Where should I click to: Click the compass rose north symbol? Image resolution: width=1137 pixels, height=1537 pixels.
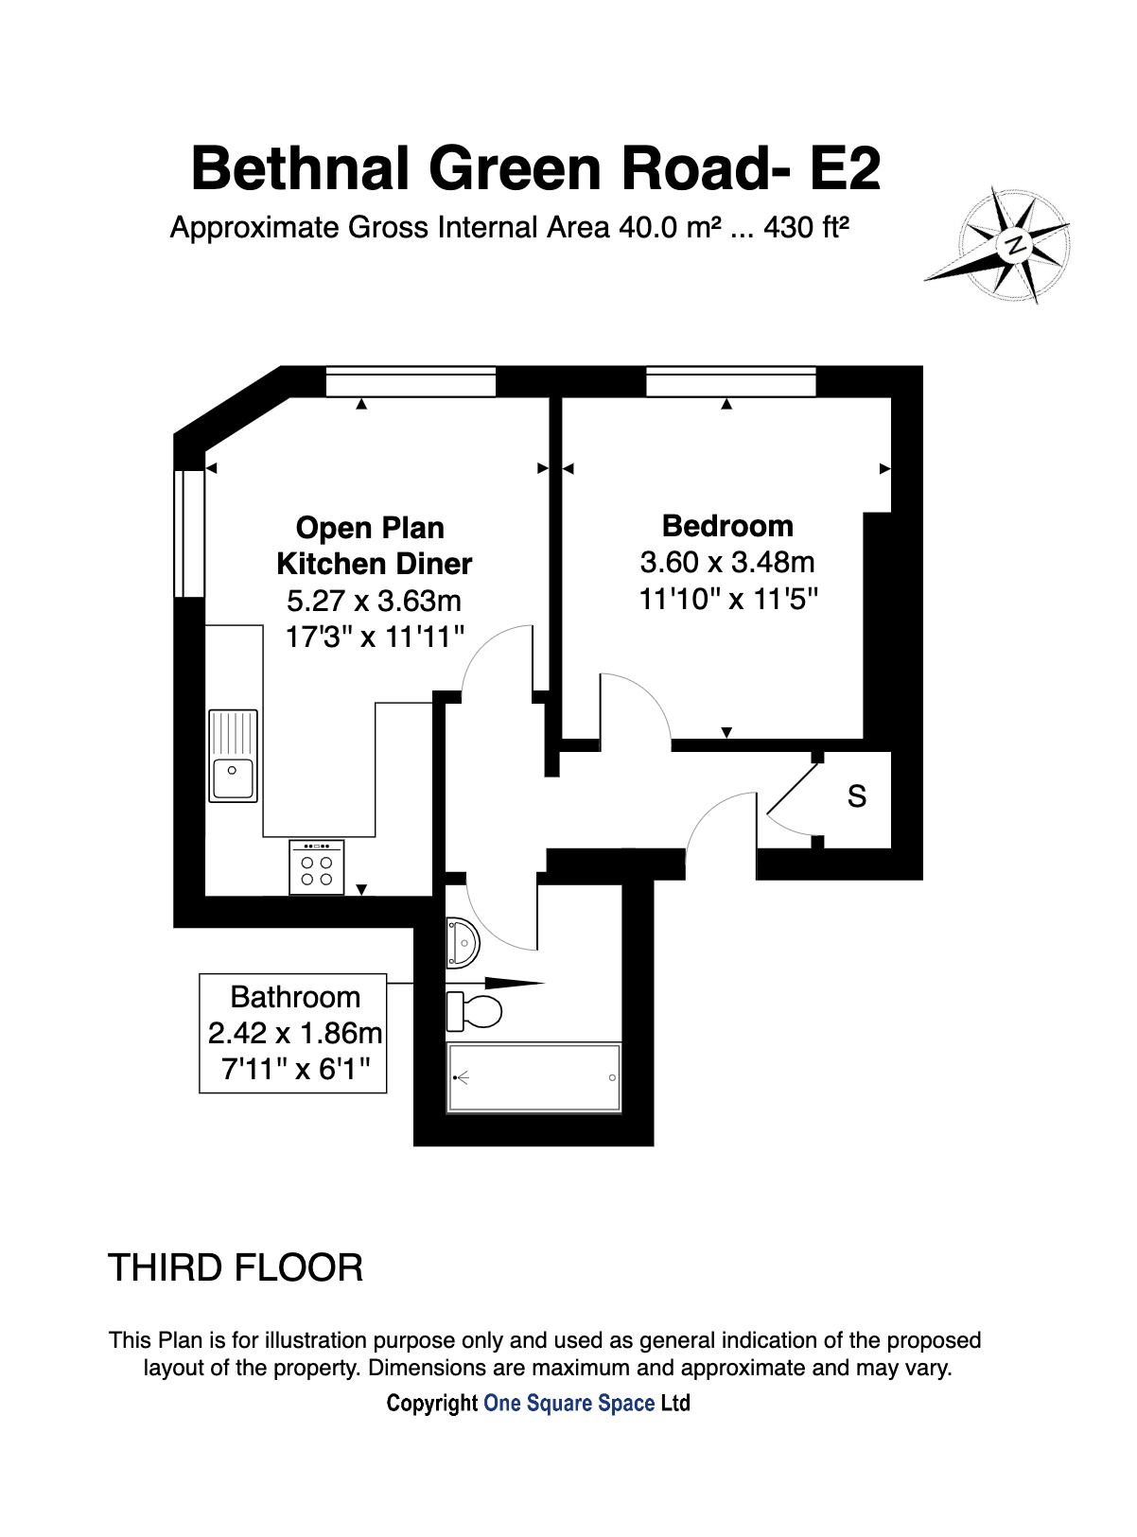[1016, 244]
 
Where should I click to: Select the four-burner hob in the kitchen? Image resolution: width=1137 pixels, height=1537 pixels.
[316, 866]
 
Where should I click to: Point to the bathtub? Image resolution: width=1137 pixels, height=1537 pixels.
[534, 1078]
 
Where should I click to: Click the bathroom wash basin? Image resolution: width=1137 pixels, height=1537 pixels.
[464, 942]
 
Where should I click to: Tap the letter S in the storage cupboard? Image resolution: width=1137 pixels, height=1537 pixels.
[856, 796]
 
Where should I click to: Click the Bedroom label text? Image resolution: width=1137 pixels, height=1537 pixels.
[727, 526]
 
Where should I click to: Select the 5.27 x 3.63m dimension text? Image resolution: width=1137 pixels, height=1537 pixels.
[374, 601]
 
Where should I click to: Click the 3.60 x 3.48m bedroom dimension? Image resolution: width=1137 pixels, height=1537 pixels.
[727, 563]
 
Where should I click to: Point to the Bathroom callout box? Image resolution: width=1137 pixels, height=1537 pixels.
[293, 1034]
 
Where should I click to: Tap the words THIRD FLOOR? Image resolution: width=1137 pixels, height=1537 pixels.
[236, 1267]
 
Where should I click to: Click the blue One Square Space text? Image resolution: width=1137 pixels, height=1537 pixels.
[568, 1403]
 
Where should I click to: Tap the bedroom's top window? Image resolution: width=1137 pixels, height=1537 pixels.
[731, 383]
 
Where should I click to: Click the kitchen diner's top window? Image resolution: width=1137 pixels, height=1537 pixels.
[411, 383]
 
